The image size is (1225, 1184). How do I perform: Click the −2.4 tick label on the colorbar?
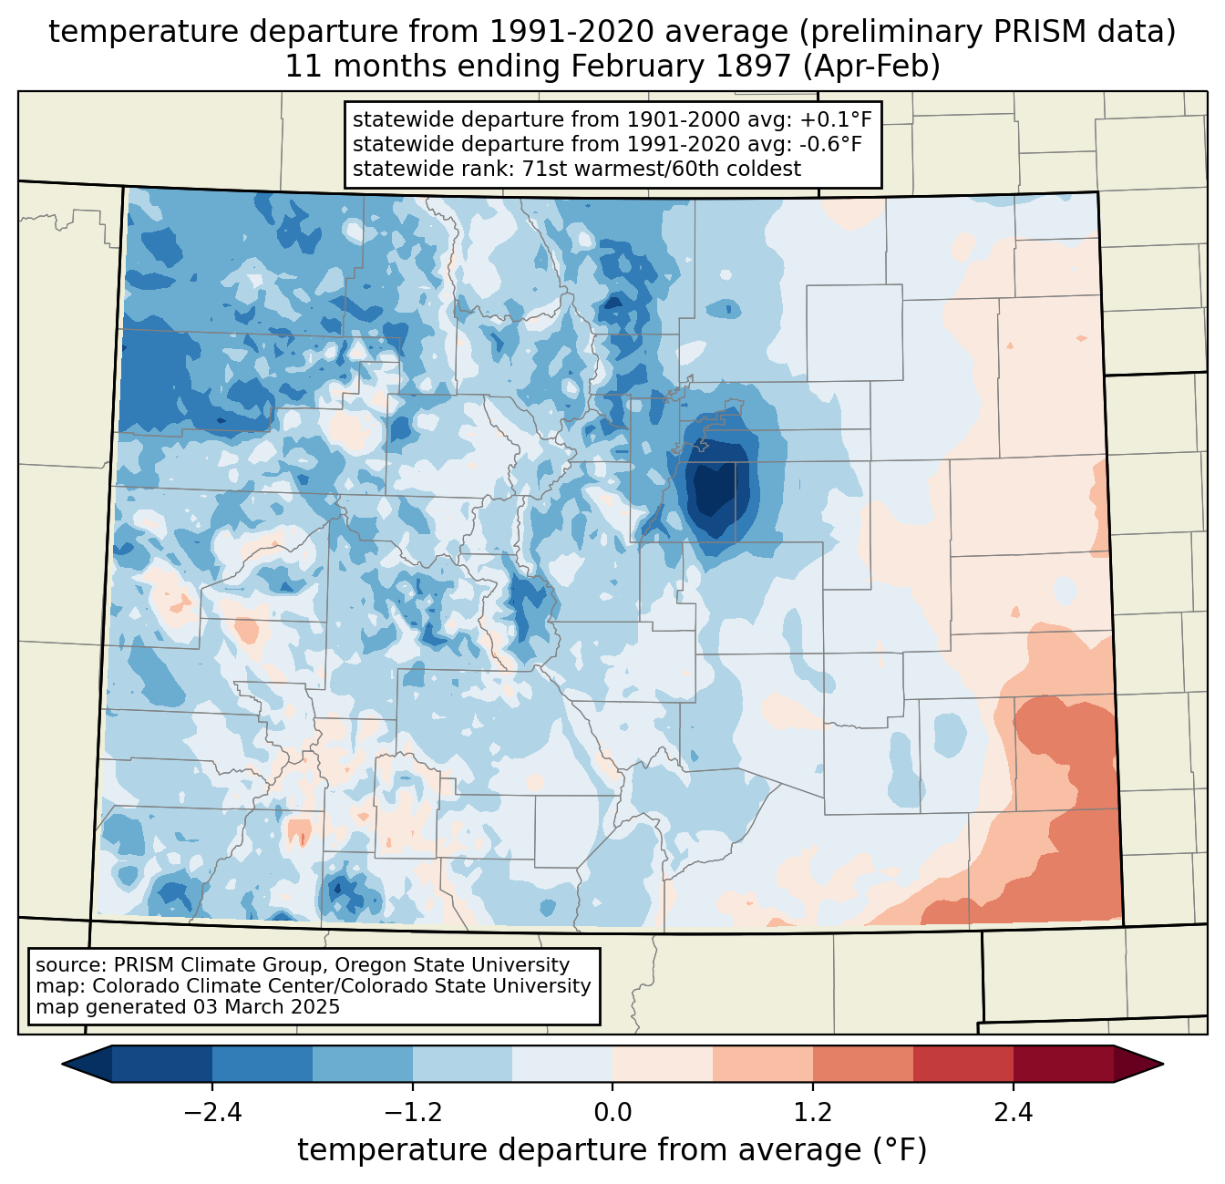[x=211, y=1112]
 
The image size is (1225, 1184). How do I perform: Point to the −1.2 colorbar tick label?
[x=412, y=1112]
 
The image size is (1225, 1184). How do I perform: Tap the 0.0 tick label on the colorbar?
[x=612, y=1112]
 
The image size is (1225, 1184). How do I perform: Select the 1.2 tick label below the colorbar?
[x=813, y=1112]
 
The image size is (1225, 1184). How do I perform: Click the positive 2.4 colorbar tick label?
[x=1014, y=1112]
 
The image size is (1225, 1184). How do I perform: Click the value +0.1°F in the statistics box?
[x=831, y=119]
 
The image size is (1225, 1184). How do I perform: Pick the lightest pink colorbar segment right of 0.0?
[x=662, y=1064]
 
